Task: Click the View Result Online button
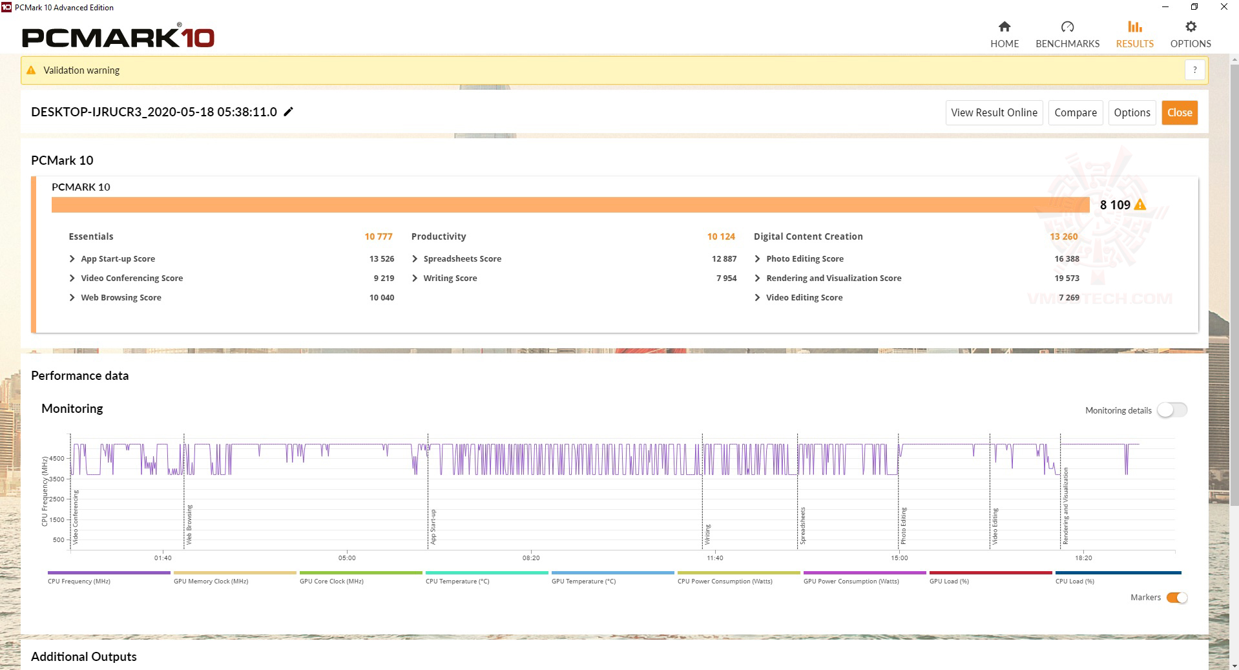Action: (x=994, y=112)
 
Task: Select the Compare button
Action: (x=1075, y=112)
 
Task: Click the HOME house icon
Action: (x=1004, y=26)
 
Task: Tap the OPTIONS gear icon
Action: (x=1191, y=26)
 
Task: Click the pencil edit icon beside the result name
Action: (x=289, y=112)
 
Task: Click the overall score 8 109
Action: (x=1115, y=205)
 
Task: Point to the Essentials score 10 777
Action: (x=378, y=236)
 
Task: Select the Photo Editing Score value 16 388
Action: (x=1067, y=258)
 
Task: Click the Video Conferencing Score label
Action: (x=132, y=278)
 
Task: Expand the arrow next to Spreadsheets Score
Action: (x=415, y=258)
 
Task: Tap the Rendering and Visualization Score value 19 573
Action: (x=1067, y=278)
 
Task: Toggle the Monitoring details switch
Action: (x=1172, y=410)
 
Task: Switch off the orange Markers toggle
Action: (x=1176, y=598)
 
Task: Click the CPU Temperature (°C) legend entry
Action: (x=457, y=581)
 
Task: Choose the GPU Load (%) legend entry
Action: (x=949, y=581)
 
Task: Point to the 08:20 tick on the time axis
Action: (x=531, y=558)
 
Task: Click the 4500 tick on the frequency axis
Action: (x=57, y=459)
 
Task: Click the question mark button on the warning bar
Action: (x=1194, y=70)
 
